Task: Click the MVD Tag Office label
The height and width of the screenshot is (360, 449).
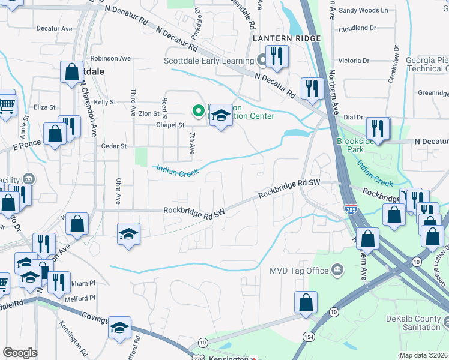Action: point(301,271)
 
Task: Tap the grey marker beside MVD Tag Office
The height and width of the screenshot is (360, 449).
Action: point(338,270)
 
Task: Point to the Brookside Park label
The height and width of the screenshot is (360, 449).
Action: point(352,145)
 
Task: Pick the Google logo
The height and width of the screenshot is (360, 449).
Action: point(20,353)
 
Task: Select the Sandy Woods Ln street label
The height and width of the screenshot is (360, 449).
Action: point(363,11)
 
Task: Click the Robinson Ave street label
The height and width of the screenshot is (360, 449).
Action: point(111,59)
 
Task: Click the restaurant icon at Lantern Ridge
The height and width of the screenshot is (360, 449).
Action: point(276,56)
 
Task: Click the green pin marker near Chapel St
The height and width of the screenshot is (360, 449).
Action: point(197,110)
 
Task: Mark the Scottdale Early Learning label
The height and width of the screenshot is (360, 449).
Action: point(209,61)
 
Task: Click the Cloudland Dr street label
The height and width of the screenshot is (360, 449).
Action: point(357,28)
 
